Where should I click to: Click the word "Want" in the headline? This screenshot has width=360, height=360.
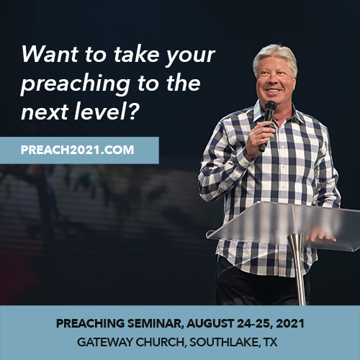(50, 54)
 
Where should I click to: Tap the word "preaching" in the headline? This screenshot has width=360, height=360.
(76, 84)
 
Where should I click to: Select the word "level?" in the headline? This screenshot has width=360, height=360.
(107, 111)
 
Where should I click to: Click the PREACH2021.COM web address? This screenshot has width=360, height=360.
(77, 150)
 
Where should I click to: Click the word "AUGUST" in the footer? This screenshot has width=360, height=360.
(210, 323)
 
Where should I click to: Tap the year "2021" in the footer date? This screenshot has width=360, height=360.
(290, 323)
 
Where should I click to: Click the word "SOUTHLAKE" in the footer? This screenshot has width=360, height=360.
(224, 342)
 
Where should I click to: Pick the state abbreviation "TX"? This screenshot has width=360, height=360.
(270, 342)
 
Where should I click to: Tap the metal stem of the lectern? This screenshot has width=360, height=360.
(298, 269)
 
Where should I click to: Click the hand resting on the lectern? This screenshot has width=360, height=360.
(320, 236)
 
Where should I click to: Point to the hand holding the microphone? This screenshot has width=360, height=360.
(260, 140)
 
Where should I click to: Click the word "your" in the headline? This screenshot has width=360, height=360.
(190, 56)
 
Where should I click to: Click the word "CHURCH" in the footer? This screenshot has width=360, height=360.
(161, 342)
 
